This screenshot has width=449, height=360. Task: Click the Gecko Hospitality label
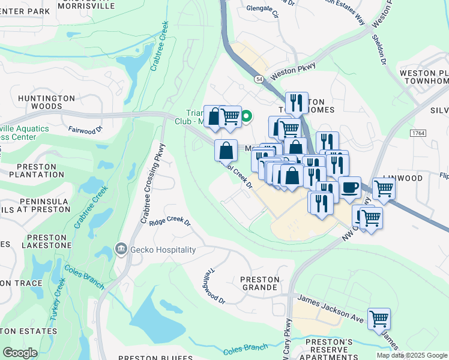click(x=162, y=250)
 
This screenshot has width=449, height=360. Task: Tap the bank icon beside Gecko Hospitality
click(x=121, y=249)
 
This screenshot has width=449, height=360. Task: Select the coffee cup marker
click(x=349, y=188)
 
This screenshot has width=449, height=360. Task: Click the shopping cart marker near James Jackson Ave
click(x=379, y=319)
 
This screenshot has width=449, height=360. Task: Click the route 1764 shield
click(x=418, y=132)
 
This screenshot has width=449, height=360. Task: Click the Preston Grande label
click(x=259, y=284)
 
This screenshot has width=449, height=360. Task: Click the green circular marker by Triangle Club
click(x=246, y=118)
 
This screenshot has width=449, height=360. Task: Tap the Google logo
click(x=20, y=353)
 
